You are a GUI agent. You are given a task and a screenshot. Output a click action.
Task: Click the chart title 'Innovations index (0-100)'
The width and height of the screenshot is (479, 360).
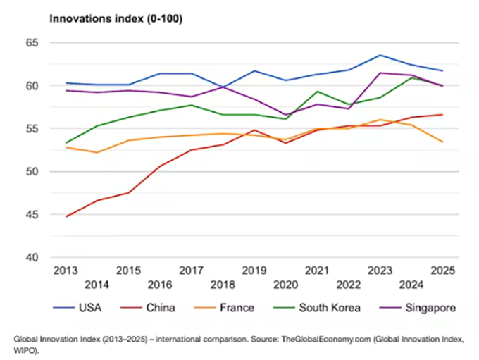[116, 19]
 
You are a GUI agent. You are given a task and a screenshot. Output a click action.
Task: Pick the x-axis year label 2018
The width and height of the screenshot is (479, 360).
[222, 285]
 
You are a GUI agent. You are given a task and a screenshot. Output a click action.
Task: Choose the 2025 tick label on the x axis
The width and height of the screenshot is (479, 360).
[442, 271]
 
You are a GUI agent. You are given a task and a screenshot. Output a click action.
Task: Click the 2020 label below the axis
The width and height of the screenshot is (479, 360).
[285, 285]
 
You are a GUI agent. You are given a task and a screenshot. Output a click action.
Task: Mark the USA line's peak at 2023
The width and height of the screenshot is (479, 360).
[380, 55]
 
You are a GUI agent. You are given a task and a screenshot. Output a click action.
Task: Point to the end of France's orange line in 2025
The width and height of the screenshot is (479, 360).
[442, 142]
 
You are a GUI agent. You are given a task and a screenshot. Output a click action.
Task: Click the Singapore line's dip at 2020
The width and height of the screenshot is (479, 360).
[285, 115]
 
